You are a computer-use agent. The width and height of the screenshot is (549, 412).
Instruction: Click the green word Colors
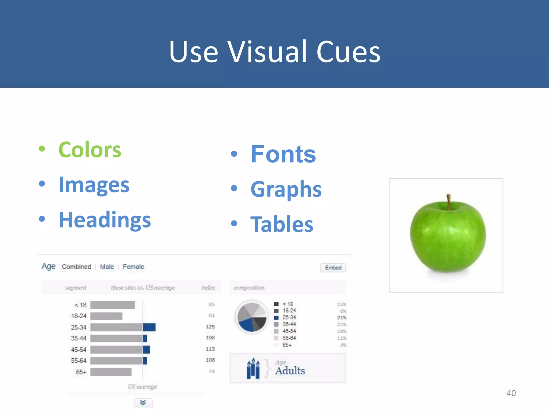tap(90, 150)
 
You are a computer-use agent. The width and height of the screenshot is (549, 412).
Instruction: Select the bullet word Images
tap(94, 185)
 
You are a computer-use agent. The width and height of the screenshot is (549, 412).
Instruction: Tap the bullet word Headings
tap(105, 220)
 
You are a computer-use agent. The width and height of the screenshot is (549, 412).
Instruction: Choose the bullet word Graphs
tap(286, 189)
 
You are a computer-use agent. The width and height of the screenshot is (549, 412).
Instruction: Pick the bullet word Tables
tap(282, 224)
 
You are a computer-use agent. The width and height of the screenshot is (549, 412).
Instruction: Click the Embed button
tap(333, 268)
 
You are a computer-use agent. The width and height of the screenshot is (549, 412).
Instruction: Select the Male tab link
tap(107, 267)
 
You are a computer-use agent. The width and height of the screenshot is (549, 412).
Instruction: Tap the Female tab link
tap(133, 267)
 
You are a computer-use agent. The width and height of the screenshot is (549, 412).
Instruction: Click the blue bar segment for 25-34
tap(149, 327)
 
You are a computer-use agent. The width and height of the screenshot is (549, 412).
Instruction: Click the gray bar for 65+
tap(111, 372)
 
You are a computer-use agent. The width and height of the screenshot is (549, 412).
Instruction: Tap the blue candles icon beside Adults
tap(253, 369)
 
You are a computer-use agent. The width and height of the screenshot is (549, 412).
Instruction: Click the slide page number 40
tap(511, 393)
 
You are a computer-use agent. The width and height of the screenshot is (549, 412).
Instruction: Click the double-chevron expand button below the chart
tap(143, 403)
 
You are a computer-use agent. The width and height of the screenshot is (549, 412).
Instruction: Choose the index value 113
tap(210, 349)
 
